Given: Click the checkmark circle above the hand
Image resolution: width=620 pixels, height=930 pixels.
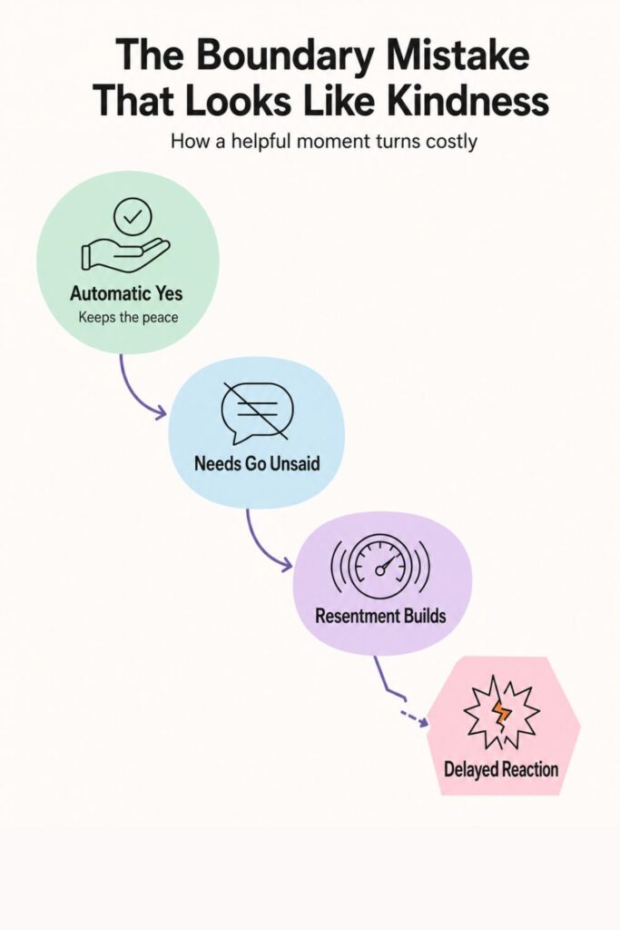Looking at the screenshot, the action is [133, 216].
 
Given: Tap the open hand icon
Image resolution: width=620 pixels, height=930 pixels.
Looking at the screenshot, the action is [125, 253].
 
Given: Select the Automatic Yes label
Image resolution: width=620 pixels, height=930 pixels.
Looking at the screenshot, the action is [126, 293].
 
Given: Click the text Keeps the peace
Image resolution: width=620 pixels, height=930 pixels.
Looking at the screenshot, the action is [128, 317].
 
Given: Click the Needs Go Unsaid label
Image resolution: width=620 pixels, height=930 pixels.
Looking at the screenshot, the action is [257, 463].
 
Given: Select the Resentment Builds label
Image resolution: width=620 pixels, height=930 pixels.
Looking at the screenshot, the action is [380, 616].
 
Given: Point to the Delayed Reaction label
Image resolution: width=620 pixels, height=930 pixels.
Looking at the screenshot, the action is [501, 770].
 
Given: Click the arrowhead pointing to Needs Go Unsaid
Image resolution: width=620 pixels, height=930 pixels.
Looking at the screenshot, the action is [161, 412].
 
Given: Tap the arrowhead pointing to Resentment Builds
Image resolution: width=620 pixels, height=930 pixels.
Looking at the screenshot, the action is [286, 565].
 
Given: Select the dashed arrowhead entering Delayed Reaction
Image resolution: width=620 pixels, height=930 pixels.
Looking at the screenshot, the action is [423, 722].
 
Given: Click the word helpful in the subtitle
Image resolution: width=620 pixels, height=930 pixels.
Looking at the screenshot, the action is [263, 143].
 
